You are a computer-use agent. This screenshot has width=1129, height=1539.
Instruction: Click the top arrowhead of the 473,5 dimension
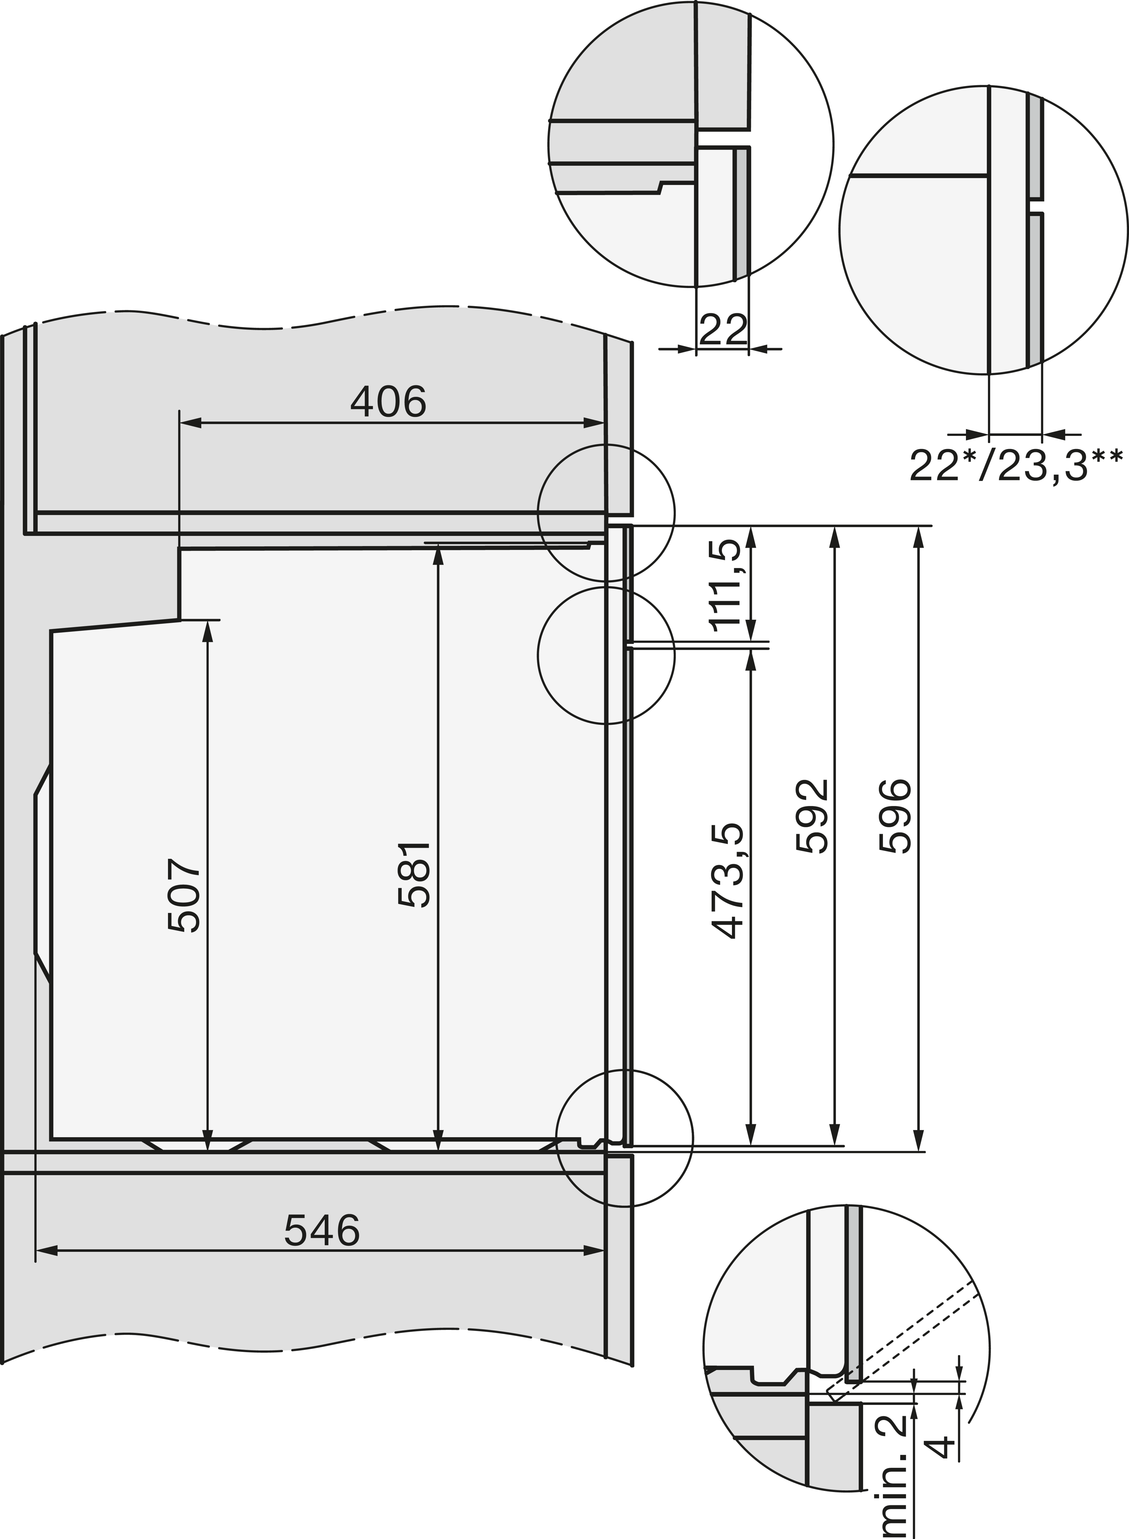pyautogui.click(x=751, y=659)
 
